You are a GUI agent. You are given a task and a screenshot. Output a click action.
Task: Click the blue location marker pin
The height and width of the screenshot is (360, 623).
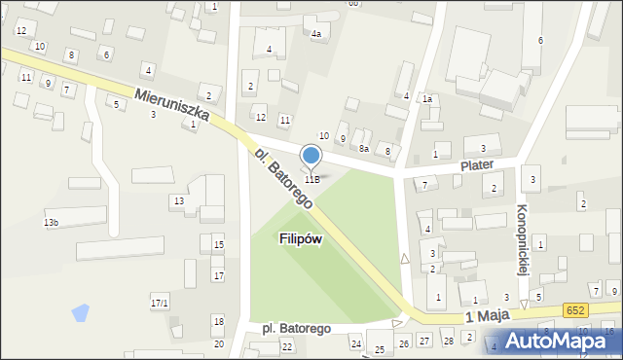(x=311, y=156)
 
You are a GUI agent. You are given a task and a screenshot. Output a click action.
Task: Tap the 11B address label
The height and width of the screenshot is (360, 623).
(x=311, y=179)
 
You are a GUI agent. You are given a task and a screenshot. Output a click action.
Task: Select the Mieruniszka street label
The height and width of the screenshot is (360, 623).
(x=173, y=111)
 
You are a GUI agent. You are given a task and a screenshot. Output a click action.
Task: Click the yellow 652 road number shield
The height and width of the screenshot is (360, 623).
(x=575, y=309)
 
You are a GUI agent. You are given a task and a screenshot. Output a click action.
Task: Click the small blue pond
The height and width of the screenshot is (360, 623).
(x=80, y=313)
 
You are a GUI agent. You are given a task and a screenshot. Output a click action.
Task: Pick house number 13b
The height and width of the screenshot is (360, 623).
(x=51, y=223)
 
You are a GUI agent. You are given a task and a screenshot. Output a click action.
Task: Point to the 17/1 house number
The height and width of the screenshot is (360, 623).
(x=160, y=304)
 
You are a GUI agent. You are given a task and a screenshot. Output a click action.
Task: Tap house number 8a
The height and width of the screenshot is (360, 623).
(x=363, y=148)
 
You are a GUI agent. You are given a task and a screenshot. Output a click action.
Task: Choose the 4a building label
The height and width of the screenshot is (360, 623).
(x=315, y=34)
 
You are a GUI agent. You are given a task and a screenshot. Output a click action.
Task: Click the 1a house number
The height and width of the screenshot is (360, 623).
(x=426, y=98)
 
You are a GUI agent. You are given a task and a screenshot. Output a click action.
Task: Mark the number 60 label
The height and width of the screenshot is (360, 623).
(x=353, y=4)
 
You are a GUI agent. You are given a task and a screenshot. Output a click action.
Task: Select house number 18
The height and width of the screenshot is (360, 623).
(x=218, y=321)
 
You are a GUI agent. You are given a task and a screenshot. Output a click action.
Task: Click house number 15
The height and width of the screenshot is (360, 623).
(x=219, y=244)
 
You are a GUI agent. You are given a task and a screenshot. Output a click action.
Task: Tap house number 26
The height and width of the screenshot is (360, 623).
(x=403, y=342)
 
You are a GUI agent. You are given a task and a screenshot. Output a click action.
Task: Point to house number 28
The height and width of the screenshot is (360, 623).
(x=448, y=341)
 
